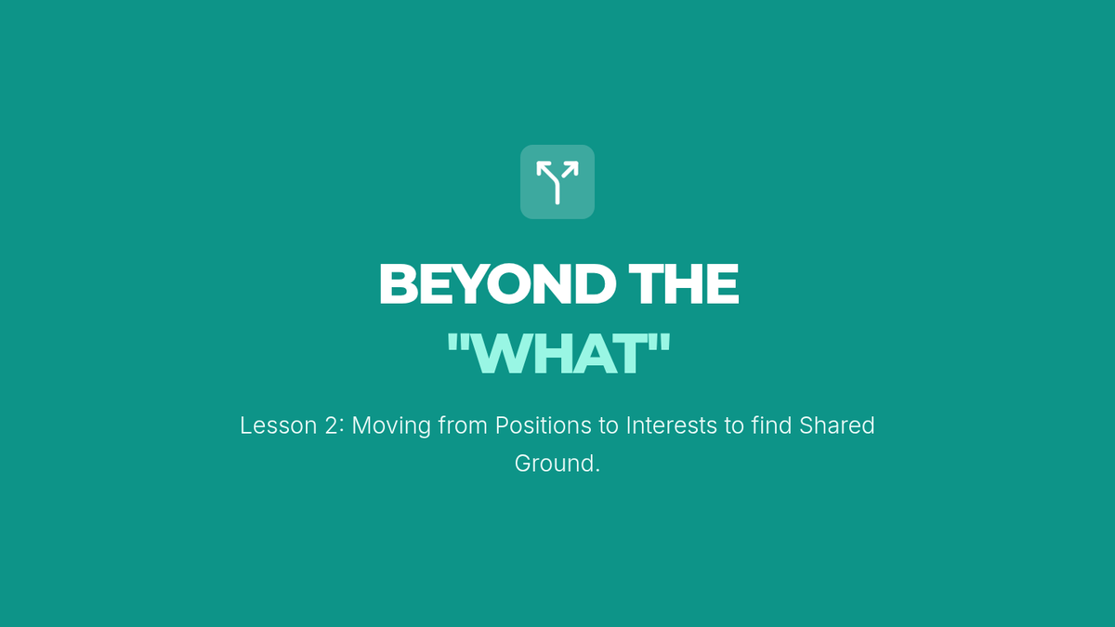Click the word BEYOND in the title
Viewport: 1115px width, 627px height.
tap(497, 283)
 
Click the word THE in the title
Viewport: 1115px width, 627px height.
tap(684, 283)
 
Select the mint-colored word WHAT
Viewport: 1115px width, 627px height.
tap(558, 353)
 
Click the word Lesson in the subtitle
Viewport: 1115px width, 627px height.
tap(278, 425)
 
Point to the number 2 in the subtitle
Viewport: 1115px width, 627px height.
tap(331, 425)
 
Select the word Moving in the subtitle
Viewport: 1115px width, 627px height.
tap(391, 426)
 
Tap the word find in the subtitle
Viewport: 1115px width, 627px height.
tap(771, 425)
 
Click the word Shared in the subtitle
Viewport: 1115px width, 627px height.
tap(837, 425)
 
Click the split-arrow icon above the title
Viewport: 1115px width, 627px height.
tap(557, 182)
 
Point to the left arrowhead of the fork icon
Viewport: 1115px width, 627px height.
tap(542, 168)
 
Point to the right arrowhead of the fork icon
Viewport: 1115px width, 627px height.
tap(572, 168)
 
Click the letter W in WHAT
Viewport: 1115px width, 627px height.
tap(500, 354)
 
